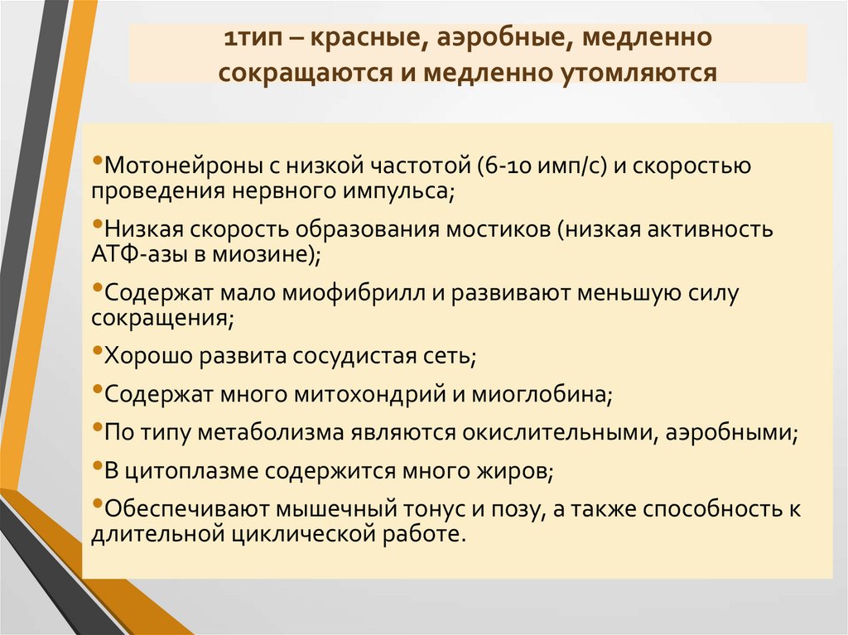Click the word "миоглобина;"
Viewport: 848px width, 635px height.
tap(542, 394)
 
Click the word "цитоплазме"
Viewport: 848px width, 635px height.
tap(190, 470)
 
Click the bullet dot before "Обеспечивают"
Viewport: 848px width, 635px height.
tap(98, 503)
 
